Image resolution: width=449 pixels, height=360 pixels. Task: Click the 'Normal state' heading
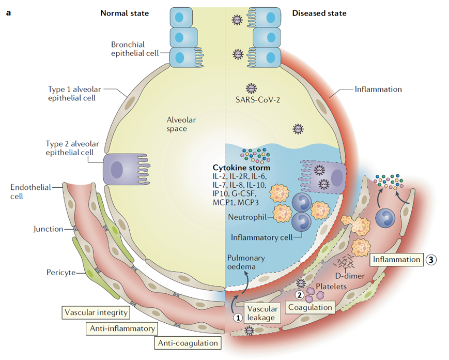(x=125, y=13)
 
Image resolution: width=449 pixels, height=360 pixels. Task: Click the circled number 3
(x=432, y=260)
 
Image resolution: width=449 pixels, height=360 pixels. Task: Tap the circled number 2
(x=298, y=295)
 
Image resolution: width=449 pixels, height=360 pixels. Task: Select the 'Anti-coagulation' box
(x=189, y=342)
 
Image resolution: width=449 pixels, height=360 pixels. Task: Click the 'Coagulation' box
(x=309, y=307)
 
